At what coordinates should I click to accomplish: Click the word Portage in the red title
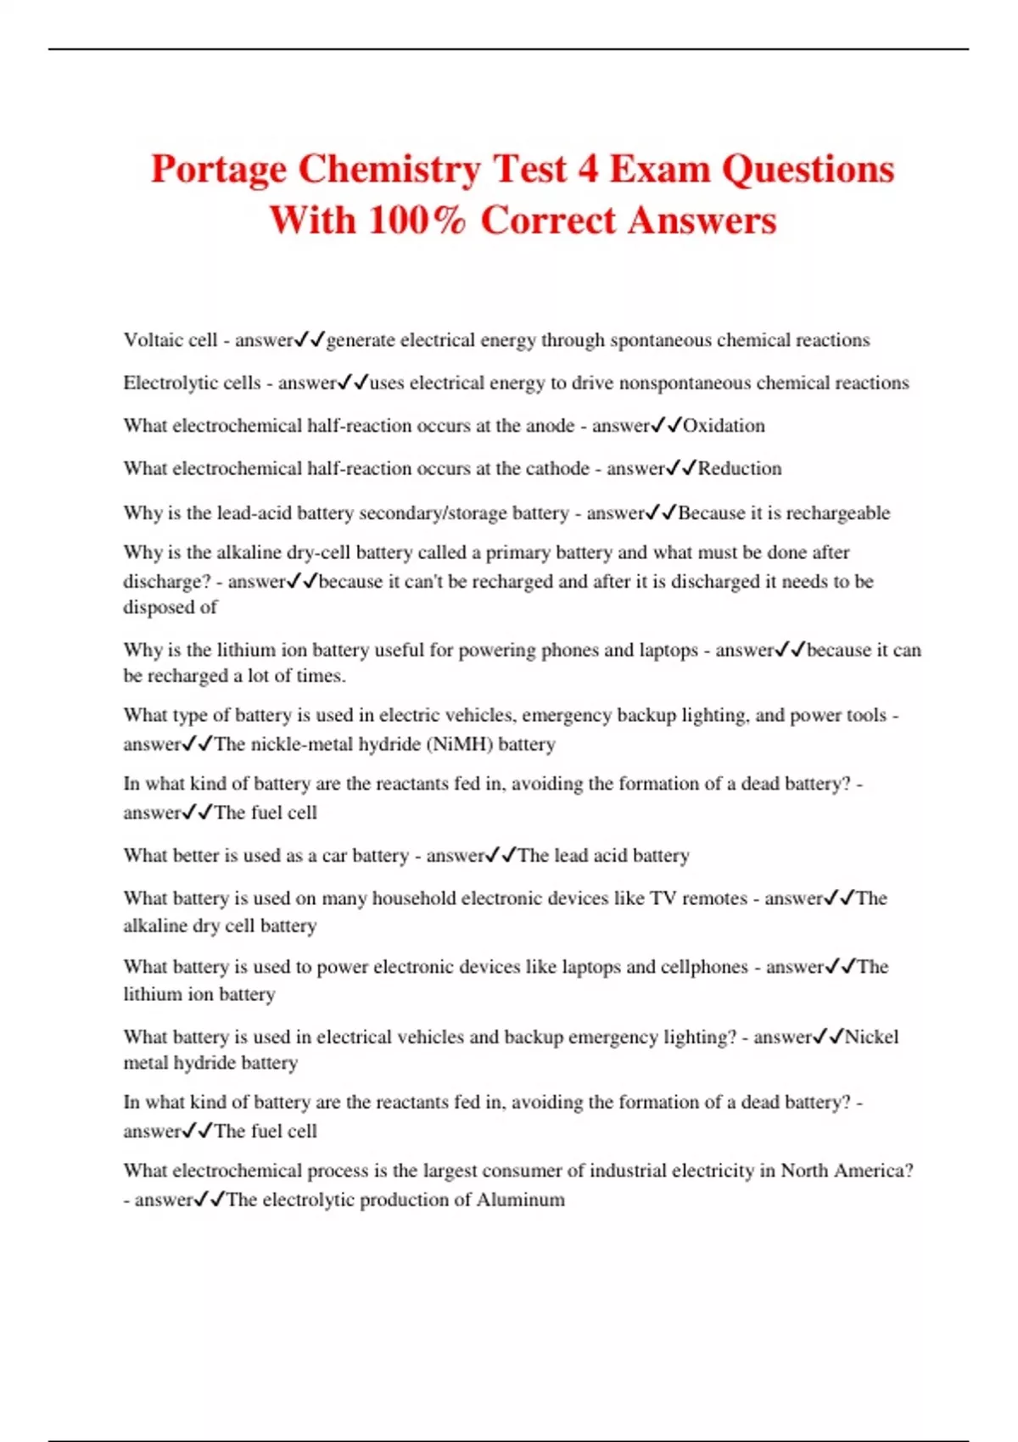point(218,169)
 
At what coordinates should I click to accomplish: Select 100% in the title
point(417,221)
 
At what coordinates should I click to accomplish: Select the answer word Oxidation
point(724,426)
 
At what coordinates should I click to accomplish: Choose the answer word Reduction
point(740,468)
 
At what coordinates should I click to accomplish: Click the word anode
point(548,426)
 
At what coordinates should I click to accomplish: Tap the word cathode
point(557,468)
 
